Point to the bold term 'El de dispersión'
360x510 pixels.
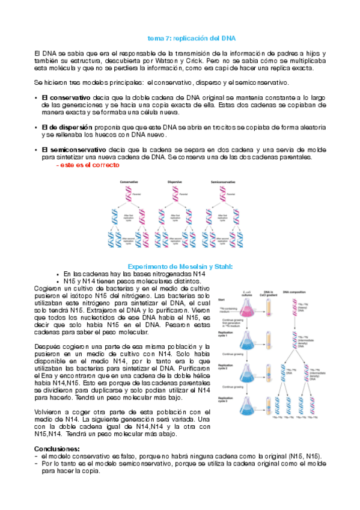tap(67, 127)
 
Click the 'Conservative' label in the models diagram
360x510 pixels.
tap(129, 182)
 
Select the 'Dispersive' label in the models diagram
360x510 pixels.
tap(175, 182)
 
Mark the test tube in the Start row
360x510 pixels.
tap(275, 310)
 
